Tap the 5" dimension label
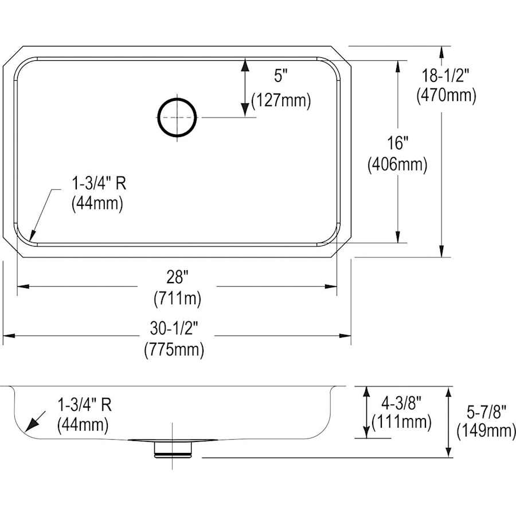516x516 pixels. [x=281, y=76]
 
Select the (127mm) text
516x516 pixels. [x=281, y=100]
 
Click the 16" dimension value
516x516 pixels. [x=397, y=143]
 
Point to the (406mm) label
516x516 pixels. [x=397, y=164]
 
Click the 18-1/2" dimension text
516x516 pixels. [x=445, y=76]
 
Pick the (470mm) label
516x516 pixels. [x=446, y=96]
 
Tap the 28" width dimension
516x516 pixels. [x=177, y=277]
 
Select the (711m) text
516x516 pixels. [x=177, y=299]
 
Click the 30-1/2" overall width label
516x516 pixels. [x=174, y=329]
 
